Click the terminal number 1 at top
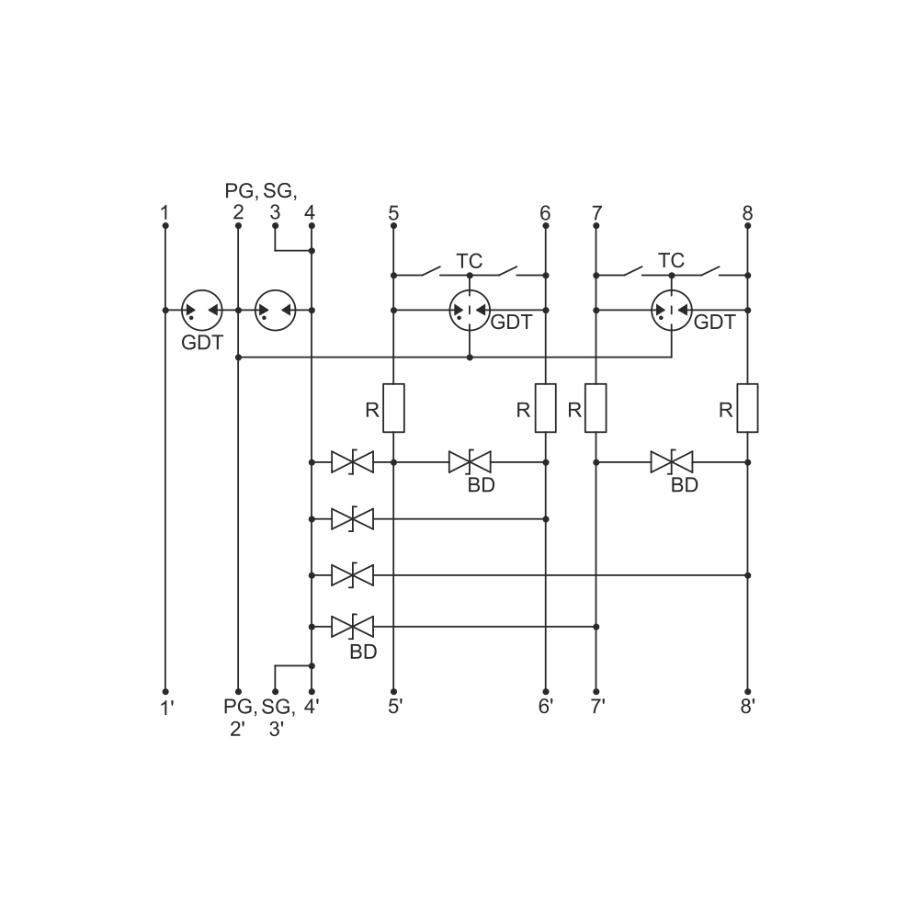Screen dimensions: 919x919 click(165, 212)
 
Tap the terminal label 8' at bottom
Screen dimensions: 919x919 click(747, 706)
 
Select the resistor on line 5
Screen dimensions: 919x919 click(393, 408)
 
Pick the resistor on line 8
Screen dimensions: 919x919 click(747, 408)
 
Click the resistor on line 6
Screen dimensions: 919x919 click(546, 408)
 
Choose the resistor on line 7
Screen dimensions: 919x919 click(596, 408)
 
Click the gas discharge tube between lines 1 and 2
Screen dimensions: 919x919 click(201, 310)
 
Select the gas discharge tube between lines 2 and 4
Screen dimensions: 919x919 click(276, 310)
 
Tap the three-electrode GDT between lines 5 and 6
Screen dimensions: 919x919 click(470, 310)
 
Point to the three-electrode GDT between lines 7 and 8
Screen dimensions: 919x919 click(672, 310)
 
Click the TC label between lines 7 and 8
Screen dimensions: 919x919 click(671, 260)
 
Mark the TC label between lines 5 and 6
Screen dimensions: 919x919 click(469, 261)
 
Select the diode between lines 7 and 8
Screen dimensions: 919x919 click(672, 462)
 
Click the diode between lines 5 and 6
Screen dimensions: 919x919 click(470, 462)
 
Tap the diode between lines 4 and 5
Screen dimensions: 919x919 click(352, 462)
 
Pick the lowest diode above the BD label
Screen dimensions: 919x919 click(352, 627)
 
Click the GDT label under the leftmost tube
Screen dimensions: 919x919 click(202, 342)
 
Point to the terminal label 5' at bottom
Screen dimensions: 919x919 click(395, 706)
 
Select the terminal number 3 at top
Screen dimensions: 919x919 click(275, 212)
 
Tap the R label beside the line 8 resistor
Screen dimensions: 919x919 click(726, 410)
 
